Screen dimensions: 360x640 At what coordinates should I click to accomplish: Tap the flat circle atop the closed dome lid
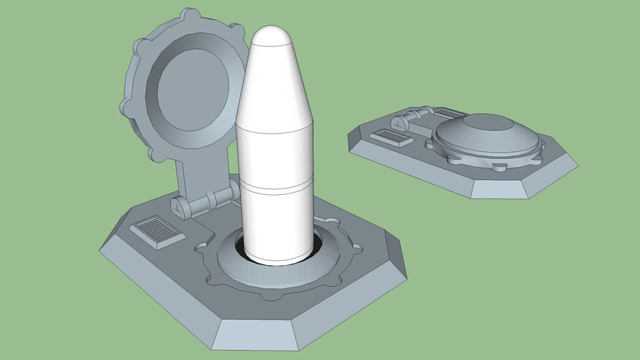click(487, 122)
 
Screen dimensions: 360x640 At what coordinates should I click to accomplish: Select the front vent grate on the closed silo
click(392, 137)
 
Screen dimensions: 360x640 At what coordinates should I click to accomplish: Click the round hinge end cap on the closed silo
click(398, 123)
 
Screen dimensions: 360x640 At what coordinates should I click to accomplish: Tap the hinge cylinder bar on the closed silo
click(415, 114)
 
